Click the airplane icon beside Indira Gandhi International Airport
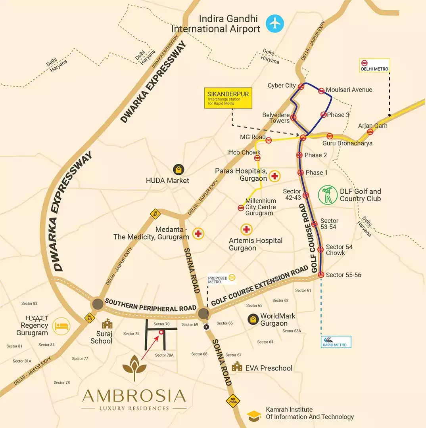[275, 23]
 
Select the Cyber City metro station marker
[301, 86]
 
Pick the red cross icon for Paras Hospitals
[274, 176]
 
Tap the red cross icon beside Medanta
[198, 233]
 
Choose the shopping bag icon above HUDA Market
[178, 170]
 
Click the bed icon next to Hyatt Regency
[61, 325]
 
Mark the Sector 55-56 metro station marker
[321, 274]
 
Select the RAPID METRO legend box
[336, 342]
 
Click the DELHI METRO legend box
[374, 65]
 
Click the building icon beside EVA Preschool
[237, 367]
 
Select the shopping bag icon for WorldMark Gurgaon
[252, 319]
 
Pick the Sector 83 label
[29, 304]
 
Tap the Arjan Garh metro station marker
[370, 132]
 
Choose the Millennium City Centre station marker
[240, 208]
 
